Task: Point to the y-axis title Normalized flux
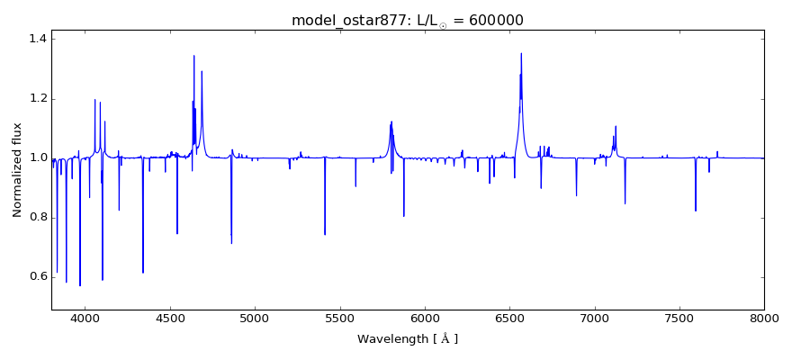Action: (x=18, y=170)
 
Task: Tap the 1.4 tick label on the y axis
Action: (x=36, y=39)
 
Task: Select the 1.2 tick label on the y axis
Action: (x=36, y=98)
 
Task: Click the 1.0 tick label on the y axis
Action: (x=36, y=157)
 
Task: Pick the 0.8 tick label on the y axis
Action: (x=36, y=217)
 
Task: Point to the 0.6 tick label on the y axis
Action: (x=36, y=276)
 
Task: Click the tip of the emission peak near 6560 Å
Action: (x=520, y=53)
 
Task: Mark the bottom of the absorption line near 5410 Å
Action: (x=325, y=234)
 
